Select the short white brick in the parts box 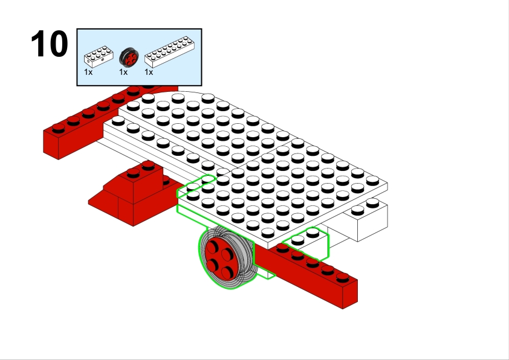point(99,57)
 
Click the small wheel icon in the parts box point(129,57)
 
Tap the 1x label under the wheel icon point(123,72)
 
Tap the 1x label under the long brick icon point(149,72)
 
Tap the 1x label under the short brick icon point(88,72)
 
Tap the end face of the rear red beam point(58,145)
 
